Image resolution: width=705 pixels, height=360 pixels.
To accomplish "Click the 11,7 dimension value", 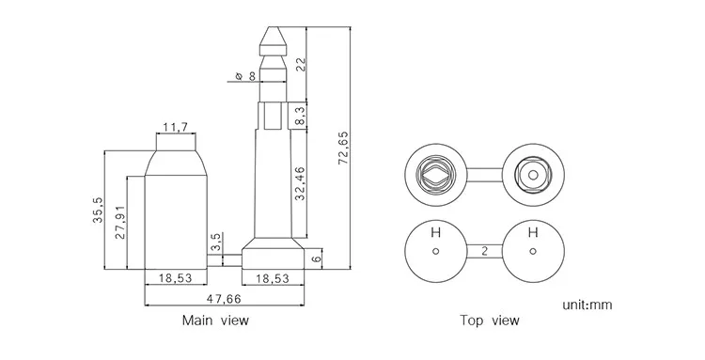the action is (x=176, y=127).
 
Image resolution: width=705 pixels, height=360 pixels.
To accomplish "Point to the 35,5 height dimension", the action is (x=98, y=210).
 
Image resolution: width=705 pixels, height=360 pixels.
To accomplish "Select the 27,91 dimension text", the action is (x=120, y=223).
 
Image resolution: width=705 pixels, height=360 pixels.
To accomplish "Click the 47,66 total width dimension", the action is (x=224, y=298).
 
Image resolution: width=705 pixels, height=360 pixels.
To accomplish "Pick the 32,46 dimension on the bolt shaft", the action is (x=301, y=183).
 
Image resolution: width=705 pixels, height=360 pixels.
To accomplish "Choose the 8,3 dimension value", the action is (x=301, y=116).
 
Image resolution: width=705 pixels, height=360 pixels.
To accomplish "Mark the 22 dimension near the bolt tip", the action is (x=301, y=64).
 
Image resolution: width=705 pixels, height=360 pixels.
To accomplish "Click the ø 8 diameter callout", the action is (x=245, y=76).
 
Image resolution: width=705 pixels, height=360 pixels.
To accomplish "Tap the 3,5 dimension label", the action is (x=216, y=242).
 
